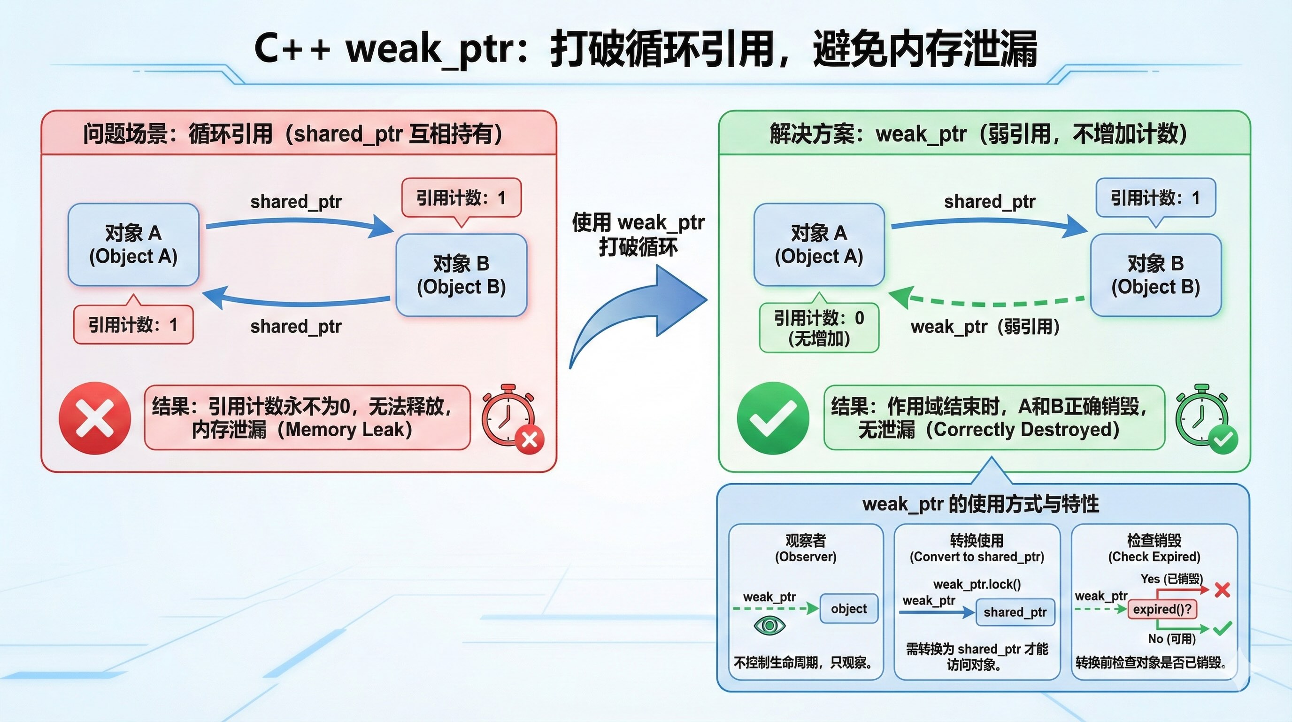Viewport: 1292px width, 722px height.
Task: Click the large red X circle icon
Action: click(x=94, y=418)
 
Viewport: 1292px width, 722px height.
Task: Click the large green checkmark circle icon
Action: click(x=772, y=418)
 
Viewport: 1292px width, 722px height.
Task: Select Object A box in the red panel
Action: click(x=133, y=244)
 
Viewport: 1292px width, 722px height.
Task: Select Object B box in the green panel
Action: click(x=1155, y=275)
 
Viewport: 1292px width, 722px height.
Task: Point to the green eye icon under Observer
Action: click(x=769, y=625)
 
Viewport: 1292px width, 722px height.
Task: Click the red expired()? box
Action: click(x=1162, y=609)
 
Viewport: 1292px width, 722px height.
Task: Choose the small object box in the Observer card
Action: click(x=849, y=609)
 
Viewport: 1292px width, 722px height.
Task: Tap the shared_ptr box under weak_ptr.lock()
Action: click(x=1015, y=612)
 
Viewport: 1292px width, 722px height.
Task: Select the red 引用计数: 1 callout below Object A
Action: click(x=133, y=325)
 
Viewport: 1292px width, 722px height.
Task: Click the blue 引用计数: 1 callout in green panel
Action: click(x=1155, y=198)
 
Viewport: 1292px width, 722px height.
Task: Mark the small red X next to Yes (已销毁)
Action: click(x=1223, y=589)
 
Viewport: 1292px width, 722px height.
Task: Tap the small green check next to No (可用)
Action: click(x=1223, y=628)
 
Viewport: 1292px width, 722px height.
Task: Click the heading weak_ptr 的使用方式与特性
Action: click(x=981, y=503)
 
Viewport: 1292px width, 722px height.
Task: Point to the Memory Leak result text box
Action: click(x=307, y=418)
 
